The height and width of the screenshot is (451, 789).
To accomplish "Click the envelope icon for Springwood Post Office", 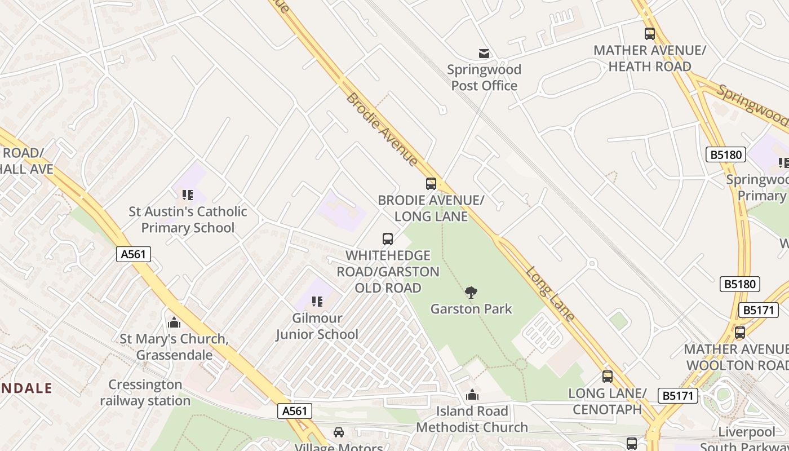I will click(484, 54).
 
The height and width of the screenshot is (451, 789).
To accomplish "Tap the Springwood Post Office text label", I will click(484, 78).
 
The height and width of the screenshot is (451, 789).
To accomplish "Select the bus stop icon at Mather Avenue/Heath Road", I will click(650, 34).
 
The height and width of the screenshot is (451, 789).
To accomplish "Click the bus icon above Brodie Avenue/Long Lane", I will click(431, 183).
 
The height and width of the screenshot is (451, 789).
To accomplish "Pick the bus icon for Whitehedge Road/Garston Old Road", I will click(388, 238).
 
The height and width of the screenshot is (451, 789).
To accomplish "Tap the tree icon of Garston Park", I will click(471, 293).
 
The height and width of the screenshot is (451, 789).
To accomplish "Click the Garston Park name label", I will click(471, 309).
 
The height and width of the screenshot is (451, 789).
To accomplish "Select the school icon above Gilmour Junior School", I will click(317, 302).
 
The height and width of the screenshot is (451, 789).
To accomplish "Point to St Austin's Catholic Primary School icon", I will click(188, 195).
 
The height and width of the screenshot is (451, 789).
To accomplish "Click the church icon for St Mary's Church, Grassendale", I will click(174, 322).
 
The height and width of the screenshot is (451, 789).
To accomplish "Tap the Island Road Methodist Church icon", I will click(472, 395).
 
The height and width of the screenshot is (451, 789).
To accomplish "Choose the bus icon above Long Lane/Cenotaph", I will click(607, 377).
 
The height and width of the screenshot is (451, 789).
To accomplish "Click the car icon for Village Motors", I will click(338, 432).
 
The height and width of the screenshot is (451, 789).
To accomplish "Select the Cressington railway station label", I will click(145, 393).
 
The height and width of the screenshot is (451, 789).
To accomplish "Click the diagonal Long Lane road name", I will click(551, 294).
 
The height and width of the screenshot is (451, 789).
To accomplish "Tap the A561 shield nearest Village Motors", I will click(295, 411).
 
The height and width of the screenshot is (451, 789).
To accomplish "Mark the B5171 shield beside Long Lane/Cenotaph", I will click(677, 396).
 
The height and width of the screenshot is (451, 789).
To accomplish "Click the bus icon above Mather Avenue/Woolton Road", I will click(740, 333).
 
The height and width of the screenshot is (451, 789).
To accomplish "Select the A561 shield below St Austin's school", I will click(134, 254).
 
